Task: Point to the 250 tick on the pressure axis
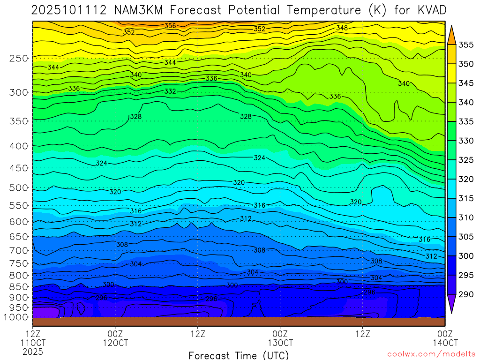coord(19,59)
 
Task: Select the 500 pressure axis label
coord(19,188)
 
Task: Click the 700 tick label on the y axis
coord(19,250)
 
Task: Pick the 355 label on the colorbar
coord(466,45)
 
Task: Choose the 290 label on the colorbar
coord(466,294)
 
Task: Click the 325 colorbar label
coord(466,160)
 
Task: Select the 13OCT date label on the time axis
coord(280,342)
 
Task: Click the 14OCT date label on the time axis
coord(444,342)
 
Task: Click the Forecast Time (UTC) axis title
coord(239,355)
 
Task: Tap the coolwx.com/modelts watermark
coord(431,354)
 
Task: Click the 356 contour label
coord(170,26)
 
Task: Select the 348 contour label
coord(342,28)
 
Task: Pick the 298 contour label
coord(211,299)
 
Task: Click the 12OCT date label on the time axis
coord(115,342)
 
